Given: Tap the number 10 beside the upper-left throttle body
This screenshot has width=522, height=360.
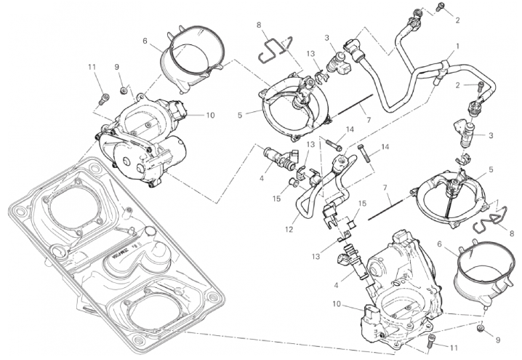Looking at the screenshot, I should tap(211, 114).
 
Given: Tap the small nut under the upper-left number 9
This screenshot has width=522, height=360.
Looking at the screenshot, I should tap(124, 90).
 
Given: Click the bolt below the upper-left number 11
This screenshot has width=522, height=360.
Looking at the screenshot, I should tap(101, 95).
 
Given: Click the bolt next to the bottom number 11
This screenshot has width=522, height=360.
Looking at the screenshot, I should tap(435, 339).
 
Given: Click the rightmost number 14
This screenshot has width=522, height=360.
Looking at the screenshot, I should tap(385, 146).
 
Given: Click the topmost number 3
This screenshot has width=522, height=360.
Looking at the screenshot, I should tap(329, 37).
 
